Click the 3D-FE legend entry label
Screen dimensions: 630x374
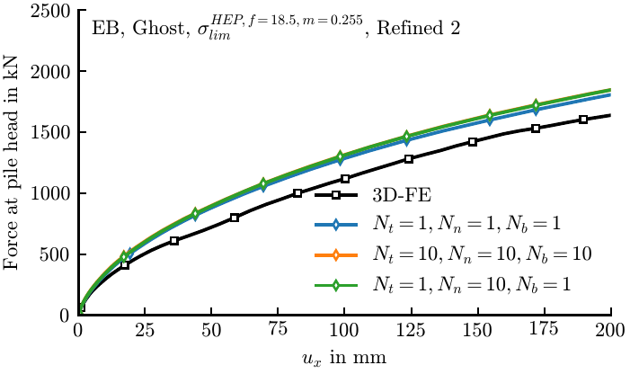point(402,195)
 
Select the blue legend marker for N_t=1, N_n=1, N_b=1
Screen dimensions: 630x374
point(336,225)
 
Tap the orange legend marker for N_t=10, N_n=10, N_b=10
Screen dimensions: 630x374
point(336,254)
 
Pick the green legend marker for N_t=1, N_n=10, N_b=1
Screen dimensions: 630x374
point(336,285)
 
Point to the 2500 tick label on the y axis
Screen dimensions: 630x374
point(50,11)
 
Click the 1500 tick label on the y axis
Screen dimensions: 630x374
point(50,132)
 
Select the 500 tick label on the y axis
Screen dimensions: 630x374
point(56,254)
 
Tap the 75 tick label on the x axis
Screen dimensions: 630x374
point(278,329)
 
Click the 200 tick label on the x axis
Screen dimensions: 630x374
point(610,330)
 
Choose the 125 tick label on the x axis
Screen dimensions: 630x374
point(411,330)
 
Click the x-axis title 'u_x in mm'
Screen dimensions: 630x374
point(344,357)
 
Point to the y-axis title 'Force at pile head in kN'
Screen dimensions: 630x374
point(12,163)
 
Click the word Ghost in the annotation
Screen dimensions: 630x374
point(158,28)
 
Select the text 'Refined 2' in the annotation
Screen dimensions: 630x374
point(418,28)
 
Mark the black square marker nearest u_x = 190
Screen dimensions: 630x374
point(583,120)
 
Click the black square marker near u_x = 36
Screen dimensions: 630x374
point(174,241)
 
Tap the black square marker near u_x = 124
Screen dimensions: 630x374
point(409,158)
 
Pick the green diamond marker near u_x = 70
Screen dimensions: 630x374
point(263,183)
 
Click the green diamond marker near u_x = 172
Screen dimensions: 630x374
point(536,105)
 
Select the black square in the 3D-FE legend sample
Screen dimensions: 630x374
point(336,195)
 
